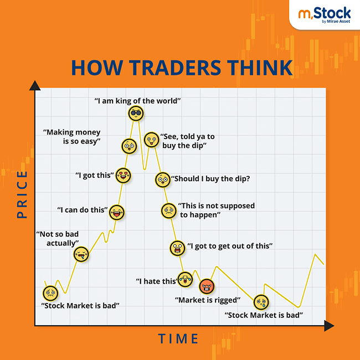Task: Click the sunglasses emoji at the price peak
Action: click(x=135, y=114)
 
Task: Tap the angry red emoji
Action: click(x=207, y=286)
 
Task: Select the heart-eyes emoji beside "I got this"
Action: click(x=124, y=176)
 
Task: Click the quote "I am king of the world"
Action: click(x=138, y=101)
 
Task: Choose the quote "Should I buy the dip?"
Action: click(x=210, y=178)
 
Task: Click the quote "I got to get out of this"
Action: click(x=230, y=245)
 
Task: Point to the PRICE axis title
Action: click(x=22, y=194)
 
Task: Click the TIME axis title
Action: click(x=178, y=338)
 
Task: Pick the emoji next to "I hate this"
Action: click(x=185, y=279)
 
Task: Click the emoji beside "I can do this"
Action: click(x=116, y=211)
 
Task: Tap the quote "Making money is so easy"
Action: click(x=73, y=136)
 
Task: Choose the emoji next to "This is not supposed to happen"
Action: click(x=168, y=210)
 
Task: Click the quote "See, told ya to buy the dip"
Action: click(x=183, y=141)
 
